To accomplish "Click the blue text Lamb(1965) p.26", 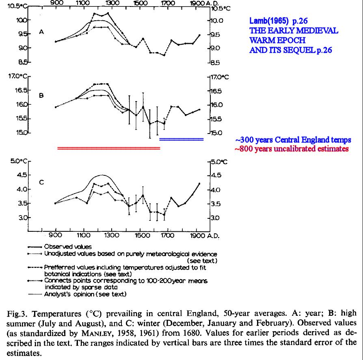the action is point(278,21).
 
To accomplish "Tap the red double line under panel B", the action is point(108,148).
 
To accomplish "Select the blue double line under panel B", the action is point(181,139).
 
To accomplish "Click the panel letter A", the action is point(41,32).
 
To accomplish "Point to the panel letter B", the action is point(41,95).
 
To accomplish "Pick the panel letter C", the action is point(41,182).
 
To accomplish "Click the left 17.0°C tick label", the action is point(18,76).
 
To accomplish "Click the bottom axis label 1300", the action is point(112,235).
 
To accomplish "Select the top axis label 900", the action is point(56,3).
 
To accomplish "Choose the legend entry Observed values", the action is point(68,247).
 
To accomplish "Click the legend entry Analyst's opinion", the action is point(85,294).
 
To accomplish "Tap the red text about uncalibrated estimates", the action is point(292,149).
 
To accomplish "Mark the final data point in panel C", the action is point(199,183).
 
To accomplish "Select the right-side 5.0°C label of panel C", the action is point(218,162).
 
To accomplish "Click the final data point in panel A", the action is point(199,35).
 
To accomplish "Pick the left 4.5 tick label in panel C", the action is point(22,175).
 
